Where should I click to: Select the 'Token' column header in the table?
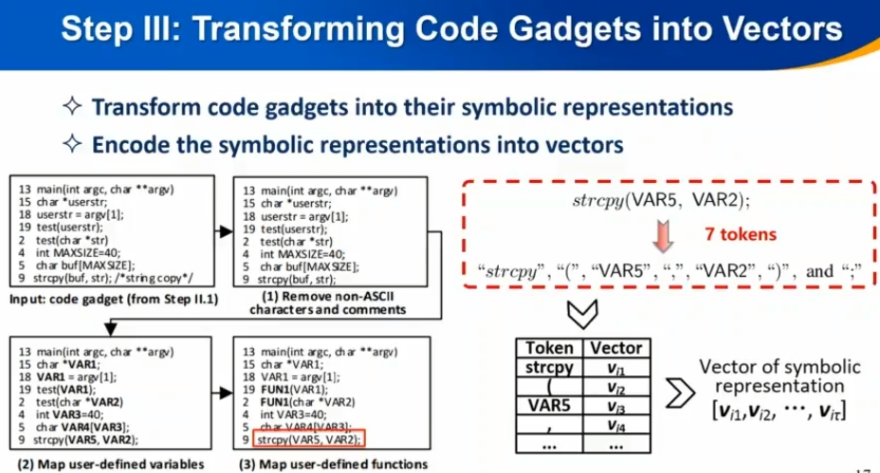(x=549, y=348)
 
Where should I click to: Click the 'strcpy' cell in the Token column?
(x=549, y=366)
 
